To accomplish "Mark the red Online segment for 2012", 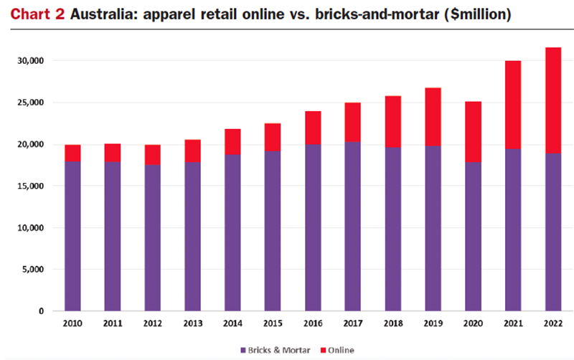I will (x=152, y=155).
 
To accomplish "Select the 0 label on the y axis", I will (x=40, y=311).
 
